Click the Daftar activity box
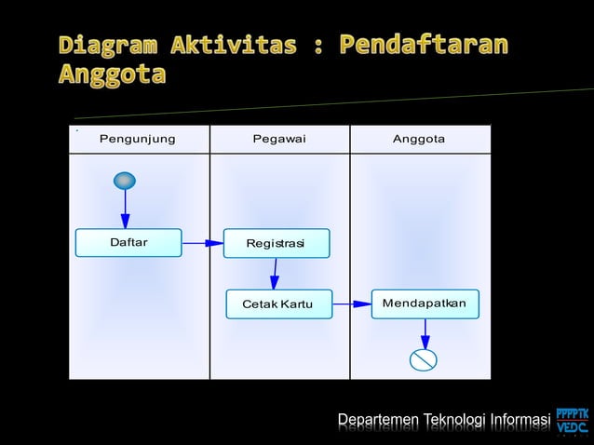click(128, 243)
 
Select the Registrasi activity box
click(276, 243)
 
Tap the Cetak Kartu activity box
click(278, 304)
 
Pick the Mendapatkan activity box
click(425, 303)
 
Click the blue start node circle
click(125, 181)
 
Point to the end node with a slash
click(425, 359)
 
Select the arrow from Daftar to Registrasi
click(202, 243)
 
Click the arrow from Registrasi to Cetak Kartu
click(275, 274)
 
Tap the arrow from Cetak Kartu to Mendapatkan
click(352, 303)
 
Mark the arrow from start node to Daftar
click(125, 209)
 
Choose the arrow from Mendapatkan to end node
click(425, 333)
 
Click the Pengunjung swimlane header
click(138, 139)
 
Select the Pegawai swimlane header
click(279, 139)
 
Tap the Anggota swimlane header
click(419, 139)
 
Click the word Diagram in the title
click(111, 44)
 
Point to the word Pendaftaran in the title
click(425, 44)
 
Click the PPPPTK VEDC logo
click(572, 421)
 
